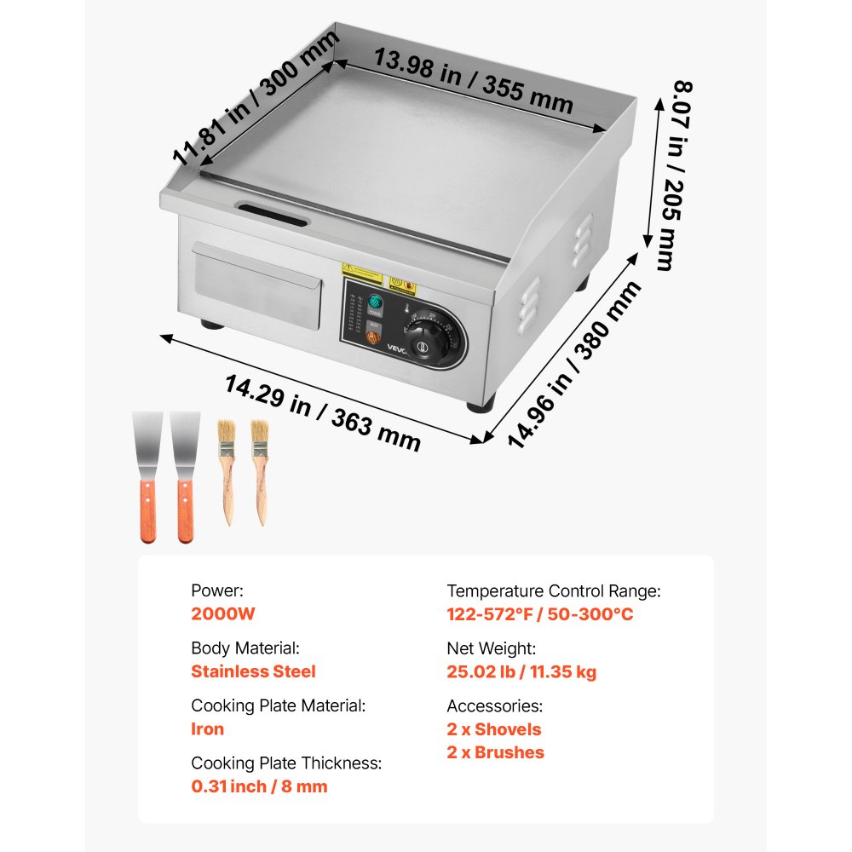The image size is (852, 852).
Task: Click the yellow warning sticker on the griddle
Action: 361,270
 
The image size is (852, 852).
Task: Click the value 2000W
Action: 223,613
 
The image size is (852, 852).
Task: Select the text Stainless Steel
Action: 253,671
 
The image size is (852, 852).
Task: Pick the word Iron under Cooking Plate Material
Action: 208,728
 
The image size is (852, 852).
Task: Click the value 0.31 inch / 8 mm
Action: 259,786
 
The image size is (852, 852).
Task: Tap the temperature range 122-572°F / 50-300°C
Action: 540,613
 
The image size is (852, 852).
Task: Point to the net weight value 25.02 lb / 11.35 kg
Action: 521,671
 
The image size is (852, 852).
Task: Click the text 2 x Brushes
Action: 496,752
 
